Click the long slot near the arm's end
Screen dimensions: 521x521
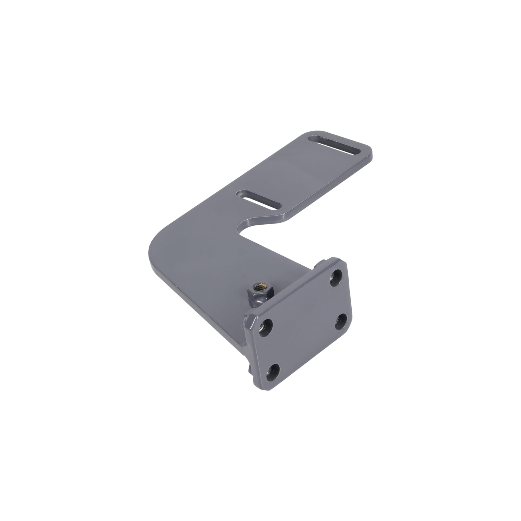[334, 146]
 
